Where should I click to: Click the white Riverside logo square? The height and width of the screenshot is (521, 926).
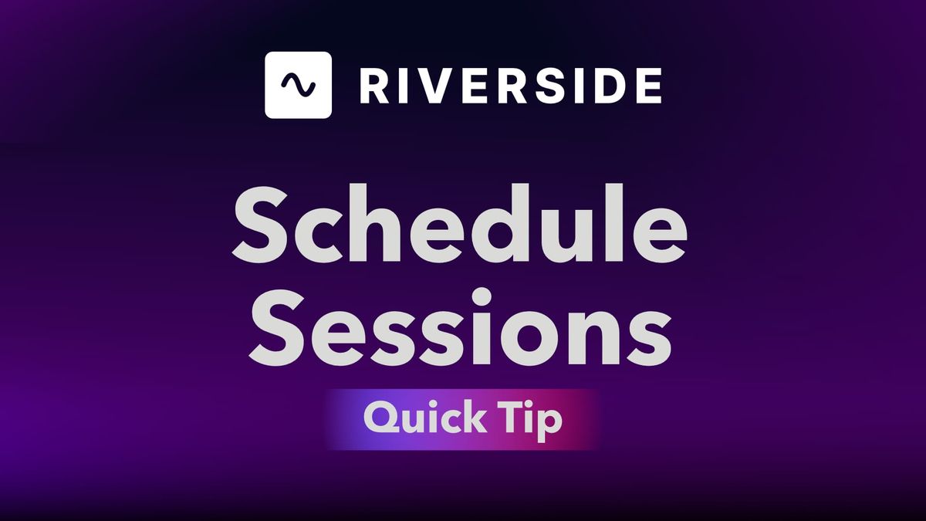pos(299,85)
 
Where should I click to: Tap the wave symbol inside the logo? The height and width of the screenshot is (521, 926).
pos(299,85)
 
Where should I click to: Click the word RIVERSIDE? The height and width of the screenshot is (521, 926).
pos(510,85)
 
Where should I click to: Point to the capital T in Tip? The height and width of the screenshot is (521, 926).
pos(509,418)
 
